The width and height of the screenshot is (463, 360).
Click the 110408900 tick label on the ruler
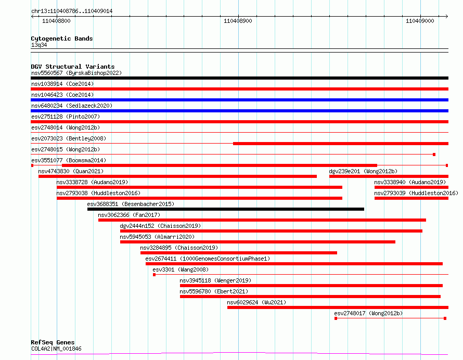(x=238, y=21)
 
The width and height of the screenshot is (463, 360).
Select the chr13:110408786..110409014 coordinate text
(x=72, y=11)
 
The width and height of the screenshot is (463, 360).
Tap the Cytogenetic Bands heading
(x=61, y=38)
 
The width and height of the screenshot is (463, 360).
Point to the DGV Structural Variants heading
(x=72, y=67)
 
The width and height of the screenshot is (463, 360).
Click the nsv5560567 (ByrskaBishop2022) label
(x=76, y=73)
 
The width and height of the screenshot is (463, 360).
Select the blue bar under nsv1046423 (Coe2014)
(x=239, y=100)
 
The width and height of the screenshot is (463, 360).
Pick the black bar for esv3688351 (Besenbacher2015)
(x=225, y=209)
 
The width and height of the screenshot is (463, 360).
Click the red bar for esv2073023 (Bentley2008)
(x=340, y=144)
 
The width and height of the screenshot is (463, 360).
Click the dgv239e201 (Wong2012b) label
(x=363, y=171)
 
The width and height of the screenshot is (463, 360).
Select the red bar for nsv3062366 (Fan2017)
(x=262, y=220)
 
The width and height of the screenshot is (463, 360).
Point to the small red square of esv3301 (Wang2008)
(x=154, y=275)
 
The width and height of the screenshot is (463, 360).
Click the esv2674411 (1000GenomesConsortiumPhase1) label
(x=208, y=259)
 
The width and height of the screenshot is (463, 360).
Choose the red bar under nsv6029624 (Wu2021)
(x=337, y=307)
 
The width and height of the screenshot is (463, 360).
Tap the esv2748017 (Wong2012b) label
(x=368, y=313)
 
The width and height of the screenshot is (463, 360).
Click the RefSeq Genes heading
(x=53, y=342)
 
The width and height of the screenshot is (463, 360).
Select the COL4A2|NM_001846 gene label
(x=56, y=349)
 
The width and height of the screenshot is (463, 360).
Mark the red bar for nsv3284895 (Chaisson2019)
(x=238, y=253)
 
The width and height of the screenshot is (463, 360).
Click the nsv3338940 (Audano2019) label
(x=409, y=182)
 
